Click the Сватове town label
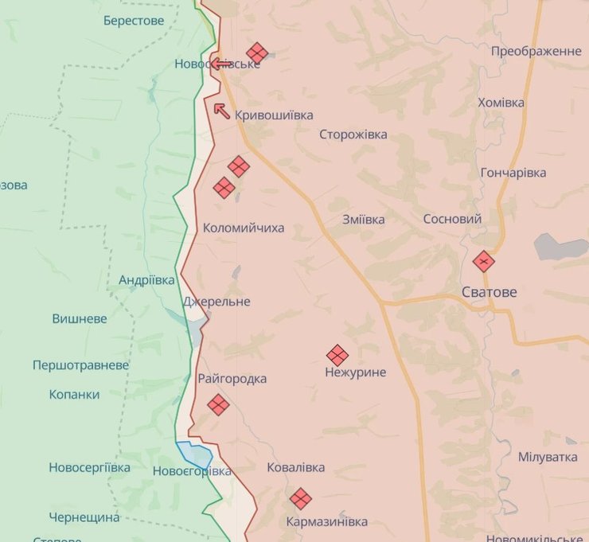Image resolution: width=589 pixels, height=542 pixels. [489, 292]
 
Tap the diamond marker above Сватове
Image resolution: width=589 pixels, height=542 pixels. [483, 261]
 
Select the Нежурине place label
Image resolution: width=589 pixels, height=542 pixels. [355, 372]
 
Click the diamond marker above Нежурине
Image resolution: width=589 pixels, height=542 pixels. [337, 355]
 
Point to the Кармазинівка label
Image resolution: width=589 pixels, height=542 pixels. [327, 521]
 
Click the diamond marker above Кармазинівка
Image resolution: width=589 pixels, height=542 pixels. [300, 498]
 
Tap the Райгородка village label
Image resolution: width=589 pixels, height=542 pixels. [232, 379]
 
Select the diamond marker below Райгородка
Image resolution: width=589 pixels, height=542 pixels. [218, 404]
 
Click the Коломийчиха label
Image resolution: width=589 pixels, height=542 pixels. [244, 228]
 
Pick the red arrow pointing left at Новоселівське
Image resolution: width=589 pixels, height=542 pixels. [220, 64]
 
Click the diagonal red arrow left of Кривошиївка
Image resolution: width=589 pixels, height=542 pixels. [222, 111]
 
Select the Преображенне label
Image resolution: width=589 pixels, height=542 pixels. [536, 51]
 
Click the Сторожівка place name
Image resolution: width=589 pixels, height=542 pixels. [353, 135]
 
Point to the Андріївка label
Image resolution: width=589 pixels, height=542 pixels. [146, 280]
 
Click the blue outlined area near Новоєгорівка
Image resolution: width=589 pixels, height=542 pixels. [195, 454]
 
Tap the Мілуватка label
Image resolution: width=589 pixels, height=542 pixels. [548, 457]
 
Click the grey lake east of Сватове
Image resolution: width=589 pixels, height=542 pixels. [560, 246]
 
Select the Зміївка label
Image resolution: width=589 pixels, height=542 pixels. [363, 219]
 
